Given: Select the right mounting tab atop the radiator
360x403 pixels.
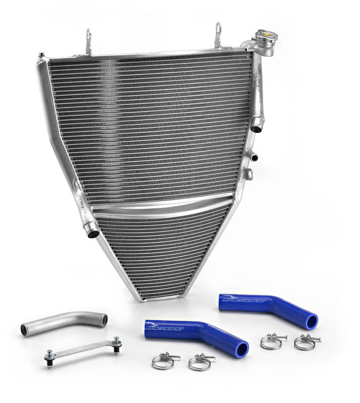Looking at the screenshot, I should coord(218,35).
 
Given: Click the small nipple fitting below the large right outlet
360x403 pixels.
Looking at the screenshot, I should coord(254,156).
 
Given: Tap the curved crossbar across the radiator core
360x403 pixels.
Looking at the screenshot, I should coord(161,207).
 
